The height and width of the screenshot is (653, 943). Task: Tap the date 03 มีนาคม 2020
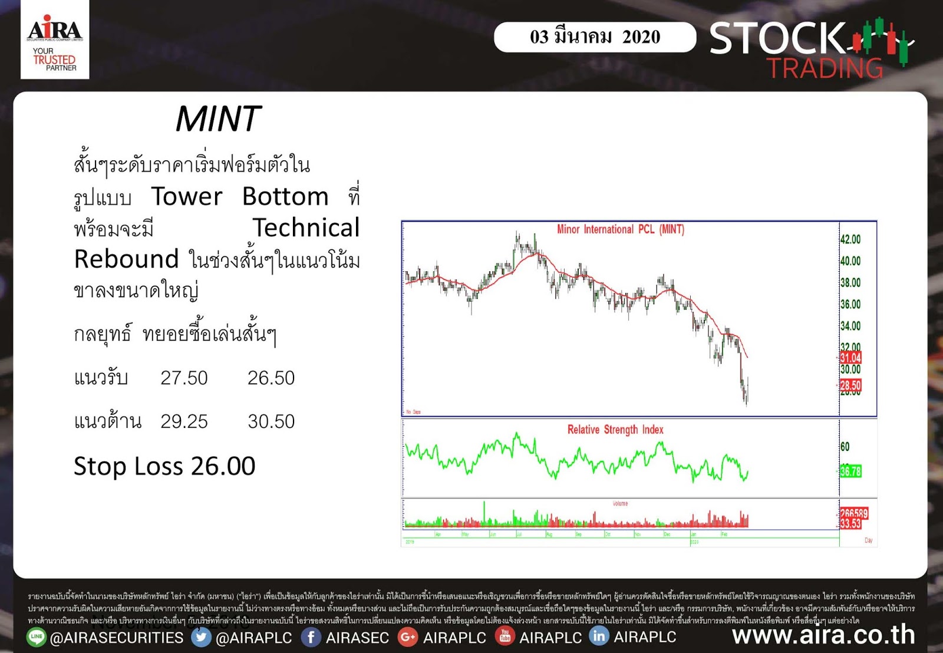tap(595, 37)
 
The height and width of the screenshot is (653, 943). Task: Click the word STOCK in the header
tap(777, 38)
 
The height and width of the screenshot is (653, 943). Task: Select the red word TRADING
tap(825, 68)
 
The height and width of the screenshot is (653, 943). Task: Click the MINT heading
tap(218, 119)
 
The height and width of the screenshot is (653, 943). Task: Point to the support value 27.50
tap(184, 378)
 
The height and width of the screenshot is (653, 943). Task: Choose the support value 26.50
tap(271, 378)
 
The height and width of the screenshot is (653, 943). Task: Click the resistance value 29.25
tap(184, 421)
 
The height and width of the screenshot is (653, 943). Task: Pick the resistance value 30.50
tap(271, 421)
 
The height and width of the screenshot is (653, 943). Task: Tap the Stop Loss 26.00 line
tap(164, 466)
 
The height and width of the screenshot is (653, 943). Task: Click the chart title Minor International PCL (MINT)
tap(620, 229)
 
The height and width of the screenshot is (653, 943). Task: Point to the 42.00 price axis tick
tap(850, 239)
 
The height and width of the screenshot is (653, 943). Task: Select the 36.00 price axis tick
tap(850, 304)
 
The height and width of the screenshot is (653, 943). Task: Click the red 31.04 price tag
tap(850, 358)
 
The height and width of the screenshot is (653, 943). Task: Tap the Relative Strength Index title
tap(615, 430)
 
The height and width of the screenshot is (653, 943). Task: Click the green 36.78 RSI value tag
tap(850, 471)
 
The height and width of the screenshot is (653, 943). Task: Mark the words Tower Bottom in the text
tap(239, 196)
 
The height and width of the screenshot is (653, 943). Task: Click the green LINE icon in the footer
tap(37, 636)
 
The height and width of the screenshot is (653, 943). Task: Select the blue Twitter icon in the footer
tap(201, 637)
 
